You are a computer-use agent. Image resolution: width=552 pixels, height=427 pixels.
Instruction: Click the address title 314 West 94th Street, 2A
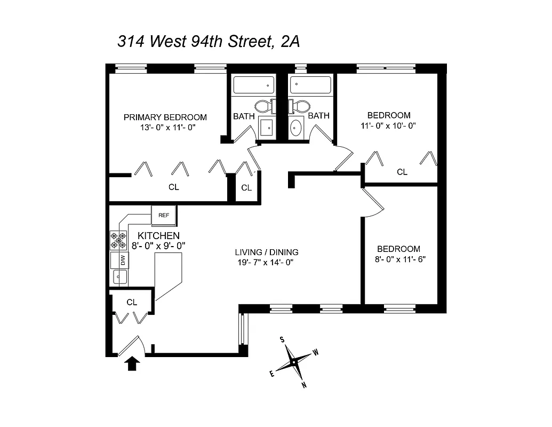[x=208, y=42]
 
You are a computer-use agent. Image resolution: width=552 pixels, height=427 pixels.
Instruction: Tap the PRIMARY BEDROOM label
[x=165, y=117]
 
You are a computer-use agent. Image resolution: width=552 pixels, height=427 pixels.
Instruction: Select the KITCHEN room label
[x=158, y=236]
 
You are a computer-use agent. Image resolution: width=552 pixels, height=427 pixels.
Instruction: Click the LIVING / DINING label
[x=266, y=252]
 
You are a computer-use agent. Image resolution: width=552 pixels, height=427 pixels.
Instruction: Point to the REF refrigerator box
[x=164, y=215]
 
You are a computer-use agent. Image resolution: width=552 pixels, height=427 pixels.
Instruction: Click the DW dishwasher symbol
[x=122, y=260]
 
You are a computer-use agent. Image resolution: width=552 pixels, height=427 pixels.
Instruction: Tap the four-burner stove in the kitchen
[x=118, y=240]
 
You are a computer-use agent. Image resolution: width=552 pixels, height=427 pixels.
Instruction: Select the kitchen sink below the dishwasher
[x=119, y=276]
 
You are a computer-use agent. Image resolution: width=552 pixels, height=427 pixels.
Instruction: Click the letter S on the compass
[x=282, y=340]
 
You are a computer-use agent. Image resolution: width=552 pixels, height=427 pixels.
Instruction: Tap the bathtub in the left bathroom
[x=253, y=85]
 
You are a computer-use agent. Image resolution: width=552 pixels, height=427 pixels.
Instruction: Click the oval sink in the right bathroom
[x=296, y=128]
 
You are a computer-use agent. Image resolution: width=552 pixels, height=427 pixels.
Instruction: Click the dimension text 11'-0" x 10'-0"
[x=389, y=125]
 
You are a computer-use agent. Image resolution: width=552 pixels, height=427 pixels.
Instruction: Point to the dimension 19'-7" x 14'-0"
[x=266, y=262]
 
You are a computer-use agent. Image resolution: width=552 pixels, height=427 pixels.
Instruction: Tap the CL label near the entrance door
[x=132, y=302]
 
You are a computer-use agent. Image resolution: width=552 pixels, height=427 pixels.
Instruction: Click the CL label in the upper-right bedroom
[x=402, y=172]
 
